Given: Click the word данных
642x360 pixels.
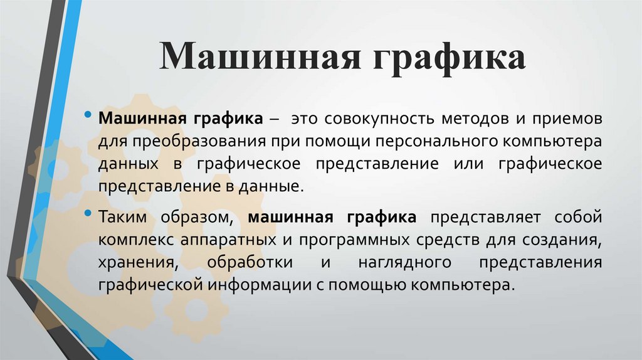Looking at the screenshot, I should (x=127, y=164).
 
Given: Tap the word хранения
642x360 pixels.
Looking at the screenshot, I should (x=127, y=263).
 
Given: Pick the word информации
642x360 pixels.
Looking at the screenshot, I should (x=259, y=285).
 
